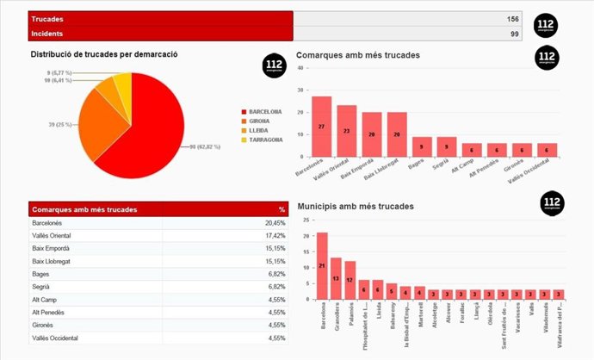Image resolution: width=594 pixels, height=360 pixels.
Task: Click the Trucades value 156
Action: click(x=512, y=19)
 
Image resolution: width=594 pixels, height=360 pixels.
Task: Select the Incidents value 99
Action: click(x=514, y=34)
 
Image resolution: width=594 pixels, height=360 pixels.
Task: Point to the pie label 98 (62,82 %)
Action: click(x=206, y=147)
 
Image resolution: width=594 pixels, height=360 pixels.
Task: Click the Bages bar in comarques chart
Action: click(x=422, y=147)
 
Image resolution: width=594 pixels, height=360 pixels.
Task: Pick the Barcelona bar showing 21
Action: click(x=322, y=265)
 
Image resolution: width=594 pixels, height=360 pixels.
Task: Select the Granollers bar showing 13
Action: click(x=336, y=277)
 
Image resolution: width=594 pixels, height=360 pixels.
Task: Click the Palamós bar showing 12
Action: click(x=350, y=279)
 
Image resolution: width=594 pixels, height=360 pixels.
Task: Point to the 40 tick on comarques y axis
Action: click(x=300, y=90)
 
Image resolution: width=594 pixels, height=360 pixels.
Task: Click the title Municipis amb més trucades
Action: click(x=355, y=207)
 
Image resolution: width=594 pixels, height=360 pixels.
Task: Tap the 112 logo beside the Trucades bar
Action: click(x=546, y=26)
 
